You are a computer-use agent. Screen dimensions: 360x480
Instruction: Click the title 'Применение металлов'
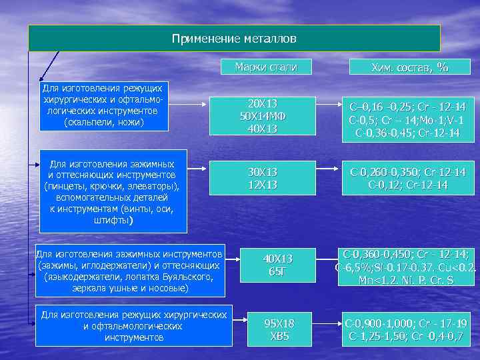(x=234, y=39)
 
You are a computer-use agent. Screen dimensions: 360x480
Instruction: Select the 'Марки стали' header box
(x=265, y=67)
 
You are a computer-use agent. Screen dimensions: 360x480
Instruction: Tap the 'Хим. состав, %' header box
(x=409, y=67)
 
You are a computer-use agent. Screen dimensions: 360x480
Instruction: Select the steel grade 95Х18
(x=279, y=323)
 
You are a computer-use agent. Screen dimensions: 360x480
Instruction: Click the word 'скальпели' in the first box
(x=91, y=122)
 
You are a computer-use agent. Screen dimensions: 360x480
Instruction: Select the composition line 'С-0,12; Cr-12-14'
(x=408, y=184)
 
